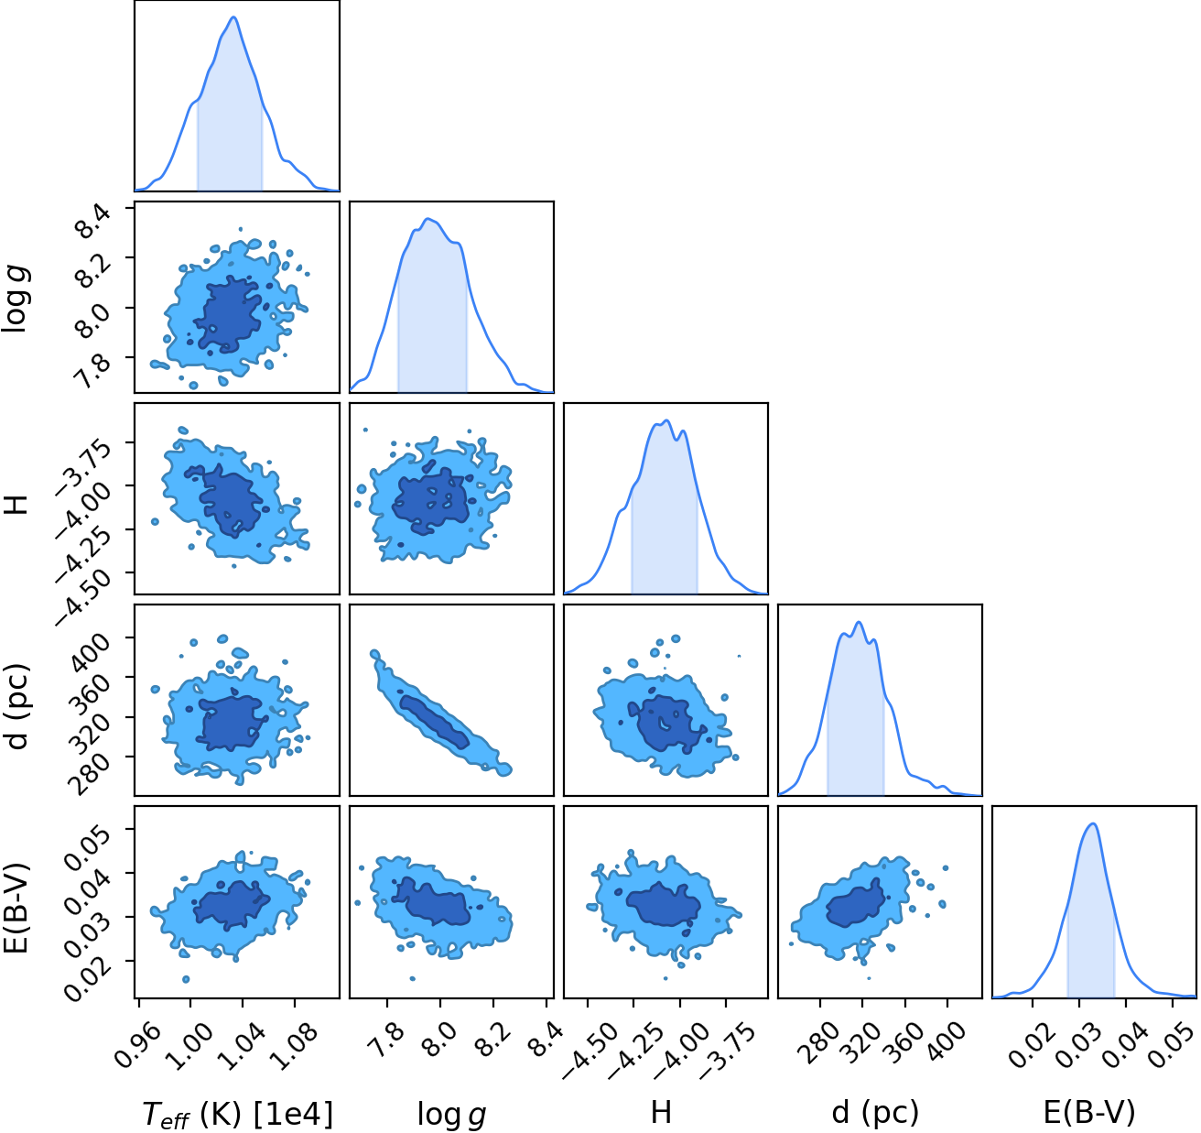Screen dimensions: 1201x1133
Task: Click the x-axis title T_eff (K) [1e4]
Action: pyautogui.click(x=238, y=1115)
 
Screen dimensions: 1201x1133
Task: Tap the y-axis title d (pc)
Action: pyautogui.click(x=18, y=705)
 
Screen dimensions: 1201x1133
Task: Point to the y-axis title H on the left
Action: pyautogui.click(x=18, y=504)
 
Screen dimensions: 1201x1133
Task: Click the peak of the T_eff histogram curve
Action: pyautogui.click(x=233, y=17)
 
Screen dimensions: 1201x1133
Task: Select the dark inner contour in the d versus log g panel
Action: pyautogui.click(x=434, y=722)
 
